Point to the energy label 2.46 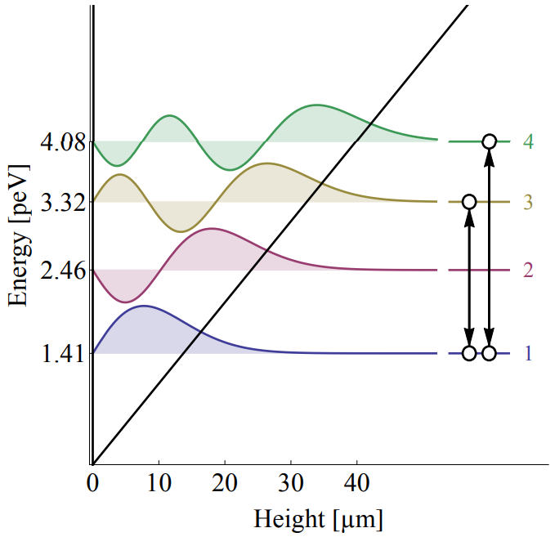pos(61,270)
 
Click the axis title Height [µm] pos(318,519)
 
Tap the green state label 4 pos(529,141)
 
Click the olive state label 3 pos(529,202)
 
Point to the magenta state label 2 pos(529,270)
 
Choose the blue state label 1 pos(529,353)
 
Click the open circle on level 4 pos(489,141)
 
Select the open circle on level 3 pos(469,201)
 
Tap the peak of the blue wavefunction pos(145,306)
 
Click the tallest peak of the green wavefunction pos(316,105)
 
